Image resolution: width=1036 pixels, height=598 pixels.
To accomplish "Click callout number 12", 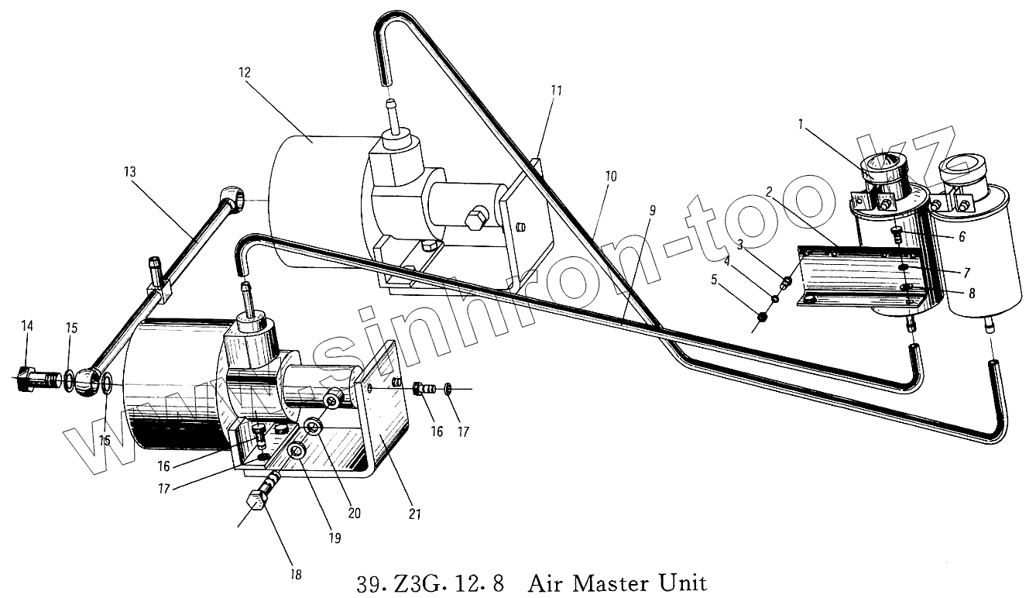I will (x=244, y=73).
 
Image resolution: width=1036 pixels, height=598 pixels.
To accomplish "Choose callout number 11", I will (x=556, y=91).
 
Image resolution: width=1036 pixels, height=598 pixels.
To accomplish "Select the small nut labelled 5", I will (x=761, y=317).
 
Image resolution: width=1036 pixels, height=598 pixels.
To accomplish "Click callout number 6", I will (x=961, y=237).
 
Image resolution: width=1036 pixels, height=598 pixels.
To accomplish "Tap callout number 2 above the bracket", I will (x=769, y=191).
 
